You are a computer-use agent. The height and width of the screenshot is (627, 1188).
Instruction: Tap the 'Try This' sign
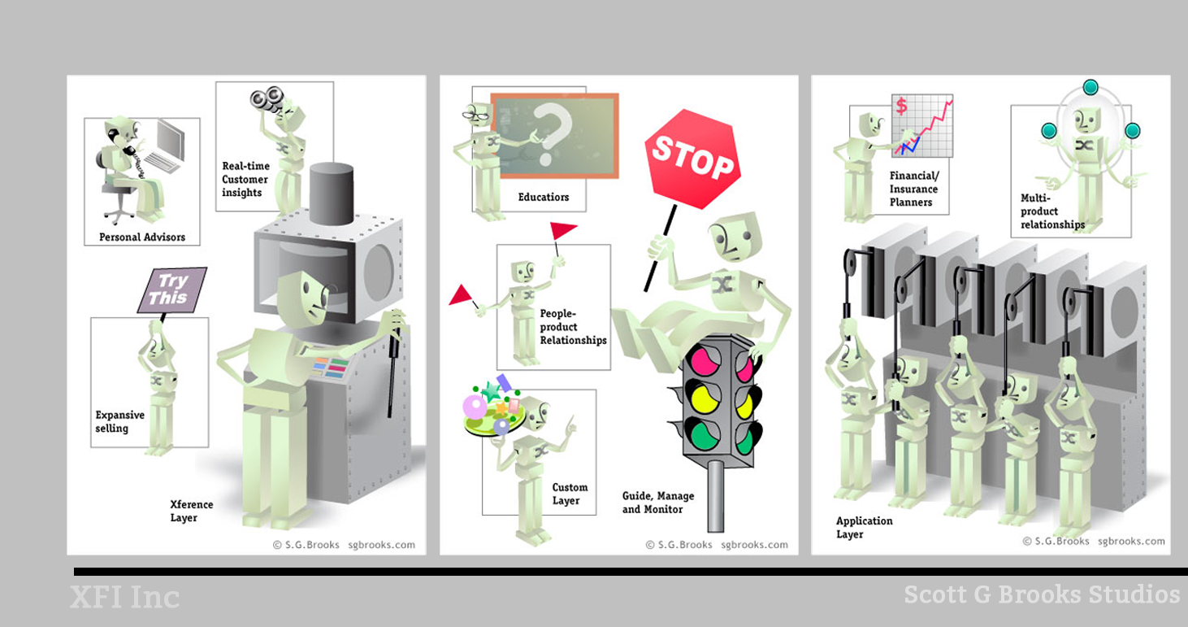coord(171,290)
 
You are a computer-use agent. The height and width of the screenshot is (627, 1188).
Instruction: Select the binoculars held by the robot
coord(266,99)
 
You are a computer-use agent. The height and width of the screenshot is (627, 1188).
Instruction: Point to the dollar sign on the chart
coord(900,106)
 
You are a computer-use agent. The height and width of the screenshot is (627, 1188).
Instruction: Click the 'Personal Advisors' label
coord(142,237)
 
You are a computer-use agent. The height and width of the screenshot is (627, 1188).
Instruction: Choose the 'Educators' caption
coord(544,197)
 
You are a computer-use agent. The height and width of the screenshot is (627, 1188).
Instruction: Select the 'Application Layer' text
coord(864,527)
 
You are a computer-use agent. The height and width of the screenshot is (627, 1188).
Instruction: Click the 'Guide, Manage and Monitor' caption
coord(658,503)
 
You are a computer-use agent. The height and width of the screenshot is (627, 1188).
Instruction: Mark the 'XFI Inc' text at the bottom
coord(124,598)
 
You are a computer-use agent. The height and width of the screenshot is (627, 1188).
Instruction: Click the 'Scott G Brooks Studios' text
coord(1042,594)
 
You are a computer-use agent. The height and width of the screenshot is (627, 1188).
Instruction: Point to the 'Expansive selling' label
coord(119,421)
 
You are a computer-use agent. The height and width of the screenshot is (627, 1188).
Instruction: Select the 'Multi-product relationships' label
coord(1051,211)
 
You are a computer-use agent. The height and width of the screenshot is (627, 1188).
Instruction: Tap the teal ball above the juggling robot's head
coord(1090,87)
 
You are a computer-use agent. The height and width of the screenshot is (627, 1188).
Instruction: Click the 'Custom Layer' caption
coord(570,494)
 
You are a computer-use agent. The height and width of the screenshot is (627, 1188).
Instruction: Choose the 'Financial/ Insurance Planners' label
coord(913,189)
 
